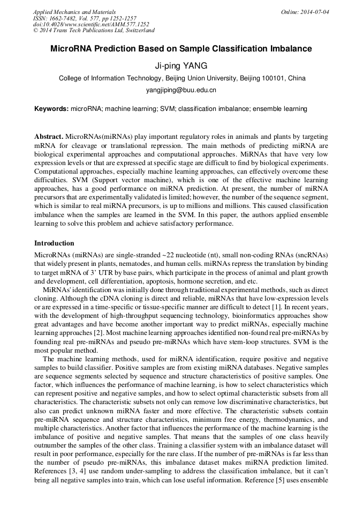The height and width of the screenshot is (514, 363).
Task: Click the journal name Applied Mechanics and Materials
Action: [x=74, y=12]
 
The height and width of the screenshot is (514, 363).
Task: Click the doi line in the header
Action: [x=91, y=24]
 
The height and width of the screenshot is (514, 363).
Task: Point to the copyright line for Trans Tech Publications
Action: [x=94, y=31]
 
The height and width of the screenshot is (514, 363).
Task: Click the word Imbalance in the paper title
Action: [x=290, y=49]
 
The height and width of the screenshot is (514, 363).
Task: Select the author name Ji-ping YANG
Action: [x=182, y=66]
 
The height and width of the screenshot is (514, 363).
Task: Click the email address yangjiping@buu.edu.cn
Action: [x=181, y=91]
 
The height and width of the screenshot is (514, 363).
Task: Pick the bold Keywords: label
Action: [x=51, y=109]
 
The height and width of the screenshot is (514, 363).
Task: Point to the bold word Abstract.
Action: [x=49, y=137]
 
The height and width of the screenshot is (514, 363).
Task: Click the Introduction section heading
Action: [x=54, y=243]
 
